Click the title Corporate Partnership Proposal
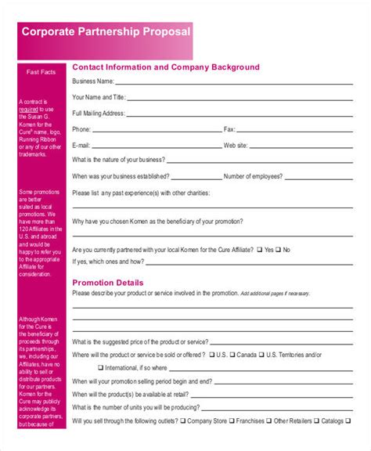(105, 32)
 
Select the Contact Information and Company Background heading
(165, 67)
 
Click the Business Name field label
(93, 81)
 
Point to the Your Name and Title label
(98, 97)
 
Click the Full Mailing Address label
(99, 113)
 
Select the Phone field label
(81, 129)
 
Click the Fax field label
(229, 129)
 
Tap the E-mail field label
(81, 146)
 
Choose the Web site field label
(236, 146)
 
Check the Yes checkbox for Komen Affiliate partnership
(259, 250)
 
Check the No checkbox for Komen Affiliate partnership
(278, 250)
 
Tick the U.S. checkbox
(212, 355)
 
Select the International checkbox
(101, 367)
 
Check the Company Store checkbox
(183, 420)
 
